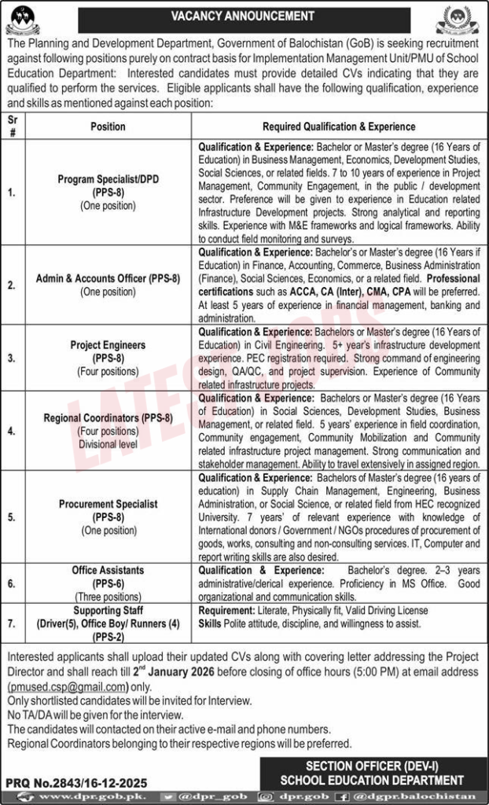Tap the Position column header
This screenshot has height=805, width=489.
[x=108, y=127]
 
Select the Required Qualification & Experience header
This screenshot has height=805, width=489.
[x=339, y=127]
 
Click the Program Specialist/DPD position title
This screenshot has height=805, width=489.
[x=108, y=178]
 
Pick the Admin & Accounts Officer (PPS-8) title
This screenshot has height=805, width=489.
[x=108, y=278]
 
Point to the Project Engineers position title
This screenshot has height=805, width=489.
[x=108, y=344]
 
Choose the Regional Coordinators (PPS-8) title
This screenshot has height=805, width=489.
[x=108, y=418]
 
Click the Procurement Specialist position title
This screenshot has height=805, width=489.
[x=108, y=503]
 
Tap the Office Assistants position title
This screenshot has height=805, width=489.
[x=108, y=570]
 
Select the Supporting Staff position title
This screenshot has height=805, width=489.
[x=108, y=610]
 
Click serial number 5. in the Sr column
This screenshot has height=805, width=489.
[x=11, y=516]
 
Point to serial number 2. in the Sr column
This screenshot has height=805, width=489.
[x=11, y=285]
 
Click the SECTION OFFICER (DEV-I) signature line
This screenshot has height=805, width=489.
[x=372, y=767]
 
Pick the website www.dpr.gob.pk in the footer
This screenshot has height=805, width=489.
[x=75, y=797]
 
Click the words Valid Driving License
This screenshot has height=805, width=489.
[x=381, y=610]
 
